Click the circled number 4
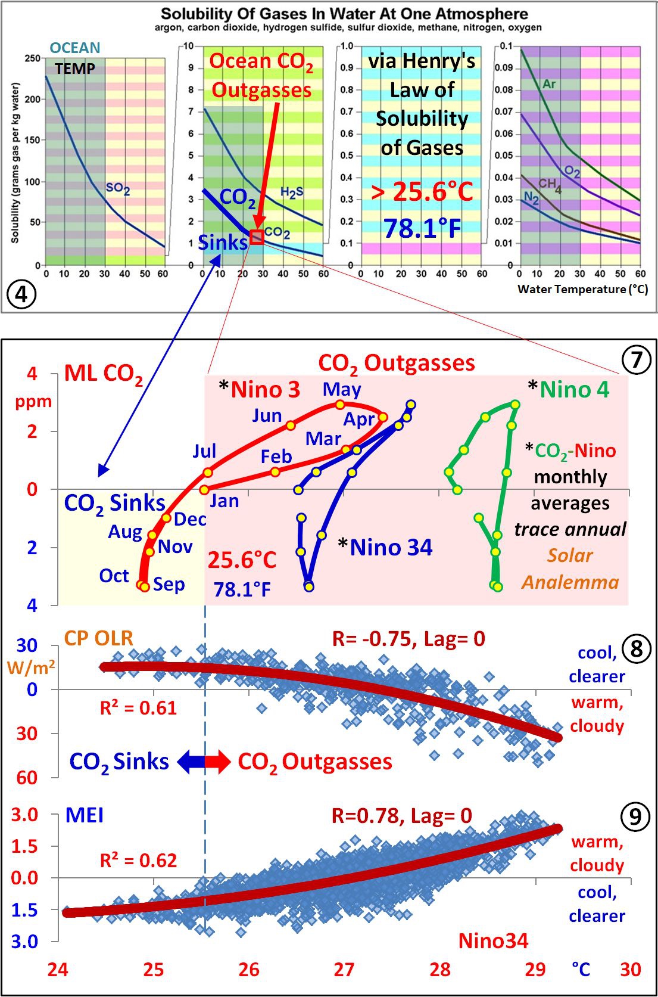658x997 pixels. click(21, 294)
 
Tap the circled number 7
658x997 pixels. click(637, 359)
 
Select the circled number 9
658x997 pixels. click(635, 816)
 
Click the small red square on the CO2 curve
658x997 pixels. click(257, 237)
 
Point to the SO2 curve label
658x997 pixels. click(118, 188)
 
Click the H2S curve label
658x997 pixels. click(292, 192)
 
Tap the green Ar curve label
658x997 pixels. click(549, 84)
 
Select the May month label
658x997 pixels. click(342, 389)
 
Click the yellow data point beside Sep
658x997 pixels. click(145, 587)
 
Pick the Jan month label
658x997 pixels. click(224, 501)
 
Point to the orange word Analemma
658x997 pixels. click(570, 582)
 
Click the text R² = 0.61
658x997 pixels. click(138, 708)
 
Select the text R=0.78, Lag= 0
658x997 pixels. click(402, 815)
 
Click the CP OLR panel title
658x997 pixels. click(98, 638)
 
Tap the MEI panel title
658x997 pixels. click(84, 815)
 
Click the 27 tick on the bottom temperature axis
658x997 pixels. click(344, 970)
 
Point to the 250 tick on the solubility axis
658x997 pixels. click(32, 58)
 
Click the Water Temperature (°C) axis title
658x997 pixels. click(582, 290)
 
